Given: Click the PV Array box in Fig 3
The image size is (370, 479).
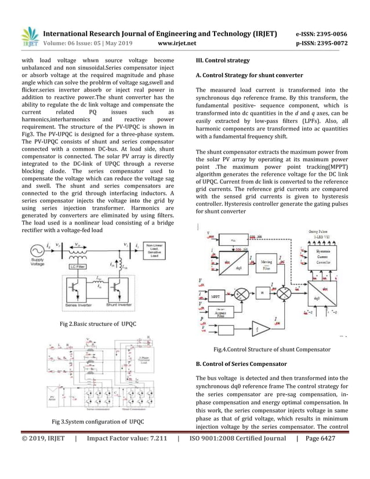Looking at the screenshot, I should click(x=55, y=398).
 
